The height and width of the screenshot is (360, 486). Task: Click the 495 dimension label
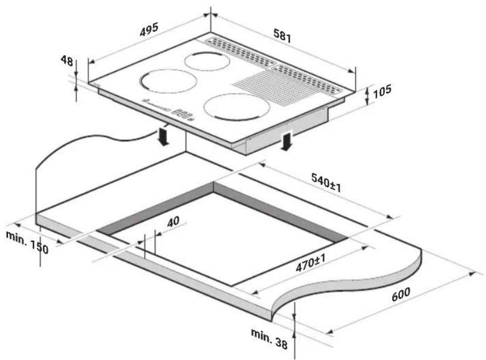(149, 29)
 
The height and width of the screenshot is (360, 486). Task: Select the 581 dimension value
(282, 36)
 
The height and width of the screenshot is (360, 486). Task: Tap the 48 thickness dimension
(67, 60)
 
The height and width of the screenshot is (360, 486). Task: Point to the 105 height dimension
(382, 91)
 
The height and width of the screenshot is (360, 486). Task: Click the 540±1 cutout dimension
(326, 183)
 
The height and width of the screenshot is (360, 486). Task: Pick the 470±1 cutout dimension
(310, 263)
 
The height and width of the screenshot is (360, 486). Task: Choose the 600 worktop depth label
(401, 294)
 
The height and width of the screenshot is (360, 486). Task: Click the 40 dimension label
(173, 221)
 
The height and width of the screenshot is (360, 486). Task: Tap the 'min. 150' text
(27, 242)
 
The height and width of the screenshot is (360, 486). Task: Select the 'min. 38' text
(269, 339)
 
